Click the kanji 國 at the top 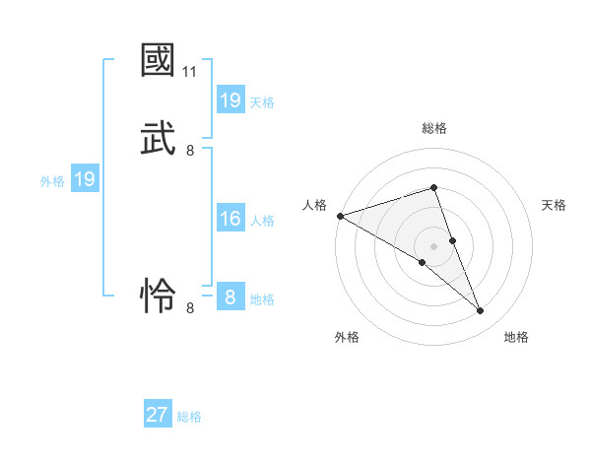(x=159, y=61)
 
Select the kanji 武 (x=159, y=138)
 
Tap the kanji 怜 (x=159, y=295)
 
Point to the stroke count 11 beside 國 (x=190, y=72)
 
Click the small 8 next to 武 (x=190, y=150)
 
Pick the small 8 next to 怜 (x=190, y=307)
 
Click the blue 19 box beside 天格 (x=230, y=100)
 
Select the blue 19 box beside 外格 (x=85, y=179)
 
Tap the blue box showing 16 (x=230, y=219)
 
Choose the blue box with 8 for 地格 (x=230, y=298)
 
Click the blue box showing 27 (x=158, y=415)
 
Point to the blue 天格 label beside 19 (x=262, y=101)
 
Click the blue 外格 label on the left (x=52, y=180)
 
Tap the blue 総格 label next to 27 (x=189, y=416)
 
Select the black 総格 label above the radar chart (x=433, y=128)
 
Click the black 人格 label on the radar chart (x=315, y=205)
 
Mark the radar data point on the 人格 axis (x=340, y=216)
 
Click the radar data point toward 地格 (x=480, y=311)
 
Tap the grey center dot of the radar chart (x=433, y=245)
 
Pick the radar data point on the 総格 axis (x=433, y=188)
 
